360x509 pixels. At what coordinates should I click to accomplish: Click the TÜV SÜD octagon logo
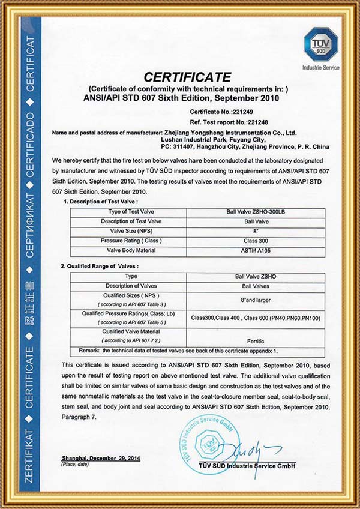(x=321, y=43)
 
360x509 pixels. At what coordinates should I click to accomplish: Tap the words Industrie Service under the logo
(x=321, y=68)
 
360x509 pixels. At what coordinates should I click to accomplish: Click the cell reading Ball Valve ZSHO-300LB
(x=256, y=212)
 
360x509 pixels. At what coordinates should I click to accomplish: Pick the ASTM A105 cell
(x=256, y=249)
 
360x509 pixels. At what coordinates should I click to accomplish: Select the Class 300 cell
(x=256, y=240)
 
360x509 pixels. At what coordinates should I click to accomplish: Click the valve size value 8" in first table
(x=256, y=230)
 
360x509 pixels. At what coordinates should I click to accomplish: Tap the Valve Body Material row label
(x=126, y=249)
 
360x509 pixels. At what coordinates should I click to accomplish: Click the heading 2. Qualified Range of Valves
(x=100, y=265)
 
